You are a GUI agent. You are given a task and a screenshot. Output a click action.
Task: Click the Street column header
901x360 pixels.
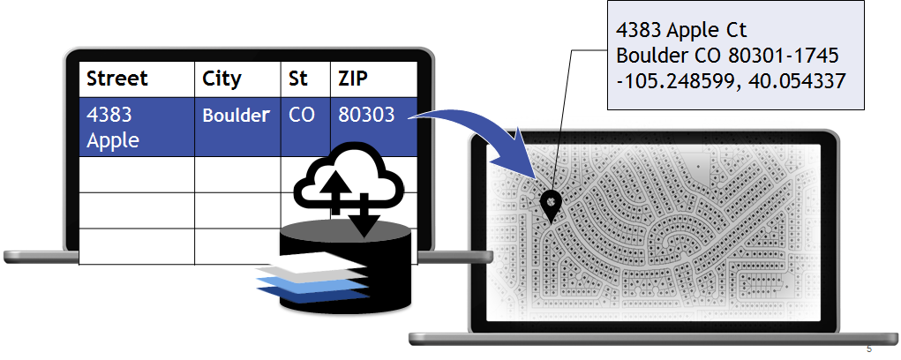pyautogui.click(x=117, y=79)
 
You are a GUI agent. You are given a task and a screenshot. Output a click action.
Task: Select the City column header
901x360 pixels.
pyautogui.click(x=221, y=79)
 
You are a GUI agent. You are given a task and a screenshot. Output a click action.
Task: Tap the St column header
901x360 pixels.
pyautogui.click(x=298, y=79)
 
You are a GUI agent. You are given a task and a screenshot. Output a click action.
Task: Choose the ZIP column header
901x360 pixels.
pyautogui.click(x=354, y=79)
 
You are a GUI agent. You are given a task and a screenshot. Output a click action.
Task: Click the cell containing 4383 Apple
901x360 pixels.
pyautogui.click(x=113, y=127)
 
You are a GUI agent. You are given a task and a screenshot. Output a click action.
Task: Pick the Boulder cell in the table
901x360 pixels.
pyautogui.click(x=236, y=116)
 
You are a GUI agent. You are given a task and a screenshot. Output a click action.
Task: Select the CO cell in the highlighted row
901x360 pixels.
pyautogui.click(x=302, y=116)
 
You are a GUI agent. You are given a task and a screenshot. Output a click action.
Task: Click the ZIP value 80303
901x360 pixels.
pyautogui.click(x=365, y=116)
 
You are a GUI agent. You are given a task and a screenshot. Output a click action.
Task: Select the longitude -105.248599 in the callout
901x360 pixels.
pyautogui.click(x=675, y=80)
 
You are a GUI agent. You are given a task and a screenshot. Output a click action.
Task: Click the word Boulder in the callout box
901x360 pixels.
pyautogui.click(x=657, y=56)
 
